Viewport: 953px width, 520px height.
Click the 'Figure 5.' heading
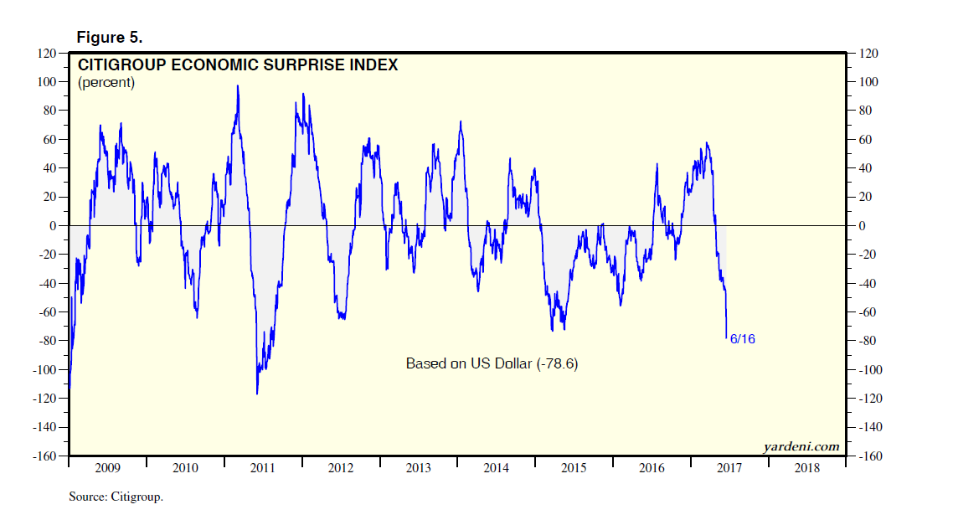point(110,38)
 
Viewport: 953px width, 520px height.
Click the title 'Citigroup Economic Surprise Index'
point(238,64)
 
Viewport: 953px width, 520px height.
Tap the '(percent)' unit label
point(106,83)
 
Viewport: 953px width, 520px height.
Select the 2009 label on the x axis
point(107,468)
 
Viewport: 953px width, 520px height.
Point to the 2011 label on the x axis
point(263,468)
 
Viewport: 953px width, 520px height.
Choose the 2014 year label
point(497,468)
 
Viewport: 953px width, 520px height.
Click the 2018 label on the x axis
point(808,468)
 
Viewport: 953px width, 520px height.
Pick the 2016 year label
point(652,468)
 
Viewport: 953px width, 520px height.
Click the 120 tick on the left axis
point(44,53)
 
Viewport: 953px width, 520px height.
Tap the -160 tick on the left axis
point(42,456)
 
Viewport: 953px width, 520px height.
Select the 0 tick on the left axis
point(52,226)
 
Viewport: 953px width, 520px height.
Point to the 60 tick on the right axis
point(863,139)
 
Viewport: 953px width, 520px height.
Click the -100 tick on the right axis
point(868,370)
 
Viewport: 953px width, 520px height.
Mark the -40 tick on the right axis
point(865,284)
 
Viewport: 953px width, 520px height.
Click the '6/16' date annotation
point(743,339)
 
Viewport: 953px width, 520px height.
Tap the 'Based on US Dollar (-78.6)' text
point(492,364)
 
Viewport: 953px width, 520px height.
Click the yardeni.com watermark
point(801,446)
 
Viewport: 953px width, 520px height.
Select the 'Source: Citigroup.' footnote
point(116,497)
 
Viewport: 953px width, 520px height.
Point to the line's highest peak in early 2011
point(238,85)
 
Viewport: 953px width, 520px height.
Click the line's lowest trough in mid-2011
point(256,394)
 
